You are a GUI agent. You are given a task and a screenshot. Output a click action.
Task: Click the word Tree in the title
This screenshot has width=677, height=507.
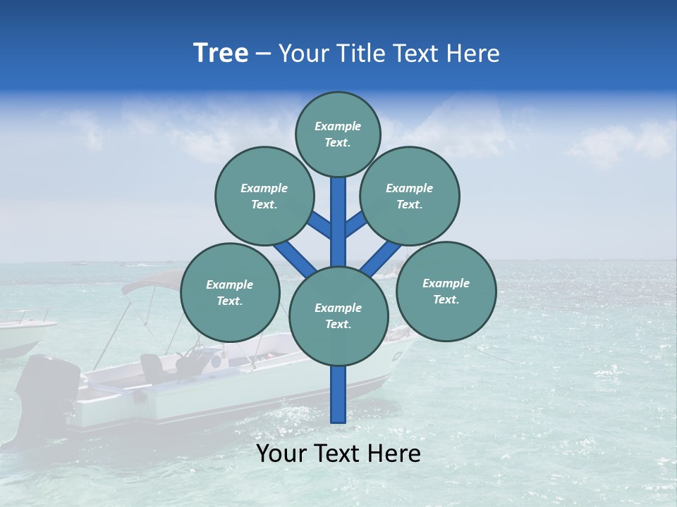coord(221,54)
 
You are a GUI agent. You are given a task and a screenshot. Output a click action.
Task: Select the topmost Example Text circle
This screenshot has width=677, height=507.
coord(338,134)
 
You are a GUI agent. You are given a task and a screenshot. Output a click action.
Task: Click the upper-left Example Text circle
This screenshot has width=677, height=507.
coord(264,196)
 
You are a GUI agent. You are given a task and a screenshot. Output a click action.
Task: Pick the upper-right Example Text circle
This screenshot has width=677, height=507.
coord(410,196)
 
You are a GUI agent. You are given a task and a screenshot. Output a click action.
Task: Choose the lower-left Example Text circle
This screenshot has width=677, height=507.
coord(230,292)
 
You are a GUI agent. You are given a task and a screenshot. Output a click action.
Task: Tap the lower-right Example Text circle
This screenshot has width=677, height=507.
coord(446,291)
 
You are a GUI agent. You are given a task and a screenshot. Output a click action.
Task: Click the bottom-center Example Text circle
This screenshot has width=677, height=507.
coord(338,316)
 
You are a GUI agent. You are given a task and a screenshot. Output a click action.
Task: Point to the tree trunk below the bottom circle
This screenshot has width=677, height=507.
coord(338,394)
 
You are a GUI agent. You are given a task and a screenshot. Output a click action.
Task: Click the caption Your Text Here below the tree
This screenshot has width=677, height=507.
coord(338,453)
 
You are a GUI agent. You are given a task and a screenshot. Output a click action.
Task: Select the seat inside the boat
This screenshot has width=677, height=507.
coord(151,366)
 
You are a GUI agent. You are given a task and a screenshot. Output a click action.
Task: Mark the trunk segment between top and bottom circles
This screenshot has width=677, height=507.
coord(338,222)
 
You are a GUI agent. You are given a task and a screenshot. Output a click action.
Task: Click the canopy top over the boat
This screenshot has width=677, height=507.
coord(152,282)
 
